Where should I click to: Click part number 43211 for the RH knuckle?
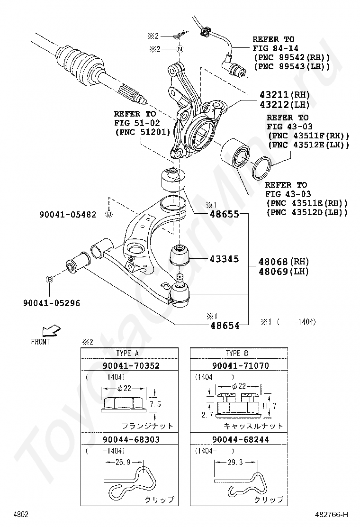[274, 95]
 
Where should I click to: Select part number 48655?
[225, 214]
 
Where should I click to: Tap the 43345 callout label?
[225, 259]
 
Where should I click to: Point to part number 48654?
[225, 325]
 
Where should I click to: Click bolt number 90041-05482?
[68, 214]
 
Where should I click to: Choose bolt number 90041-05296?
[52, 303]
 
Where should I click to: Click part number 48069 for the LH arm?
[273, 271]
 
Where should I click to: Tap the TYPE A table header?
[127, 353]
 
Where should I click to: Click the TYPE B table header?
[237, 353]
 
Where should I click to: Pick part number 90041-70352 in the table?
[131, 365]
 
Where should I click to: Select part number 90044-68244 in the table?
[241, 439]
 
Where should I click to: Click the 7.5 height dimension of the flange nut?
[155, 404]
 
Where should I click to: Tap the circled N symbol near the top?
[180, 49]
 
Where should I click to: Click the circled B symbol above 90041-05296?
[49, 279]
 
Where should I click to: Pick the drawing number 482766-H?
[331, 514]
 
